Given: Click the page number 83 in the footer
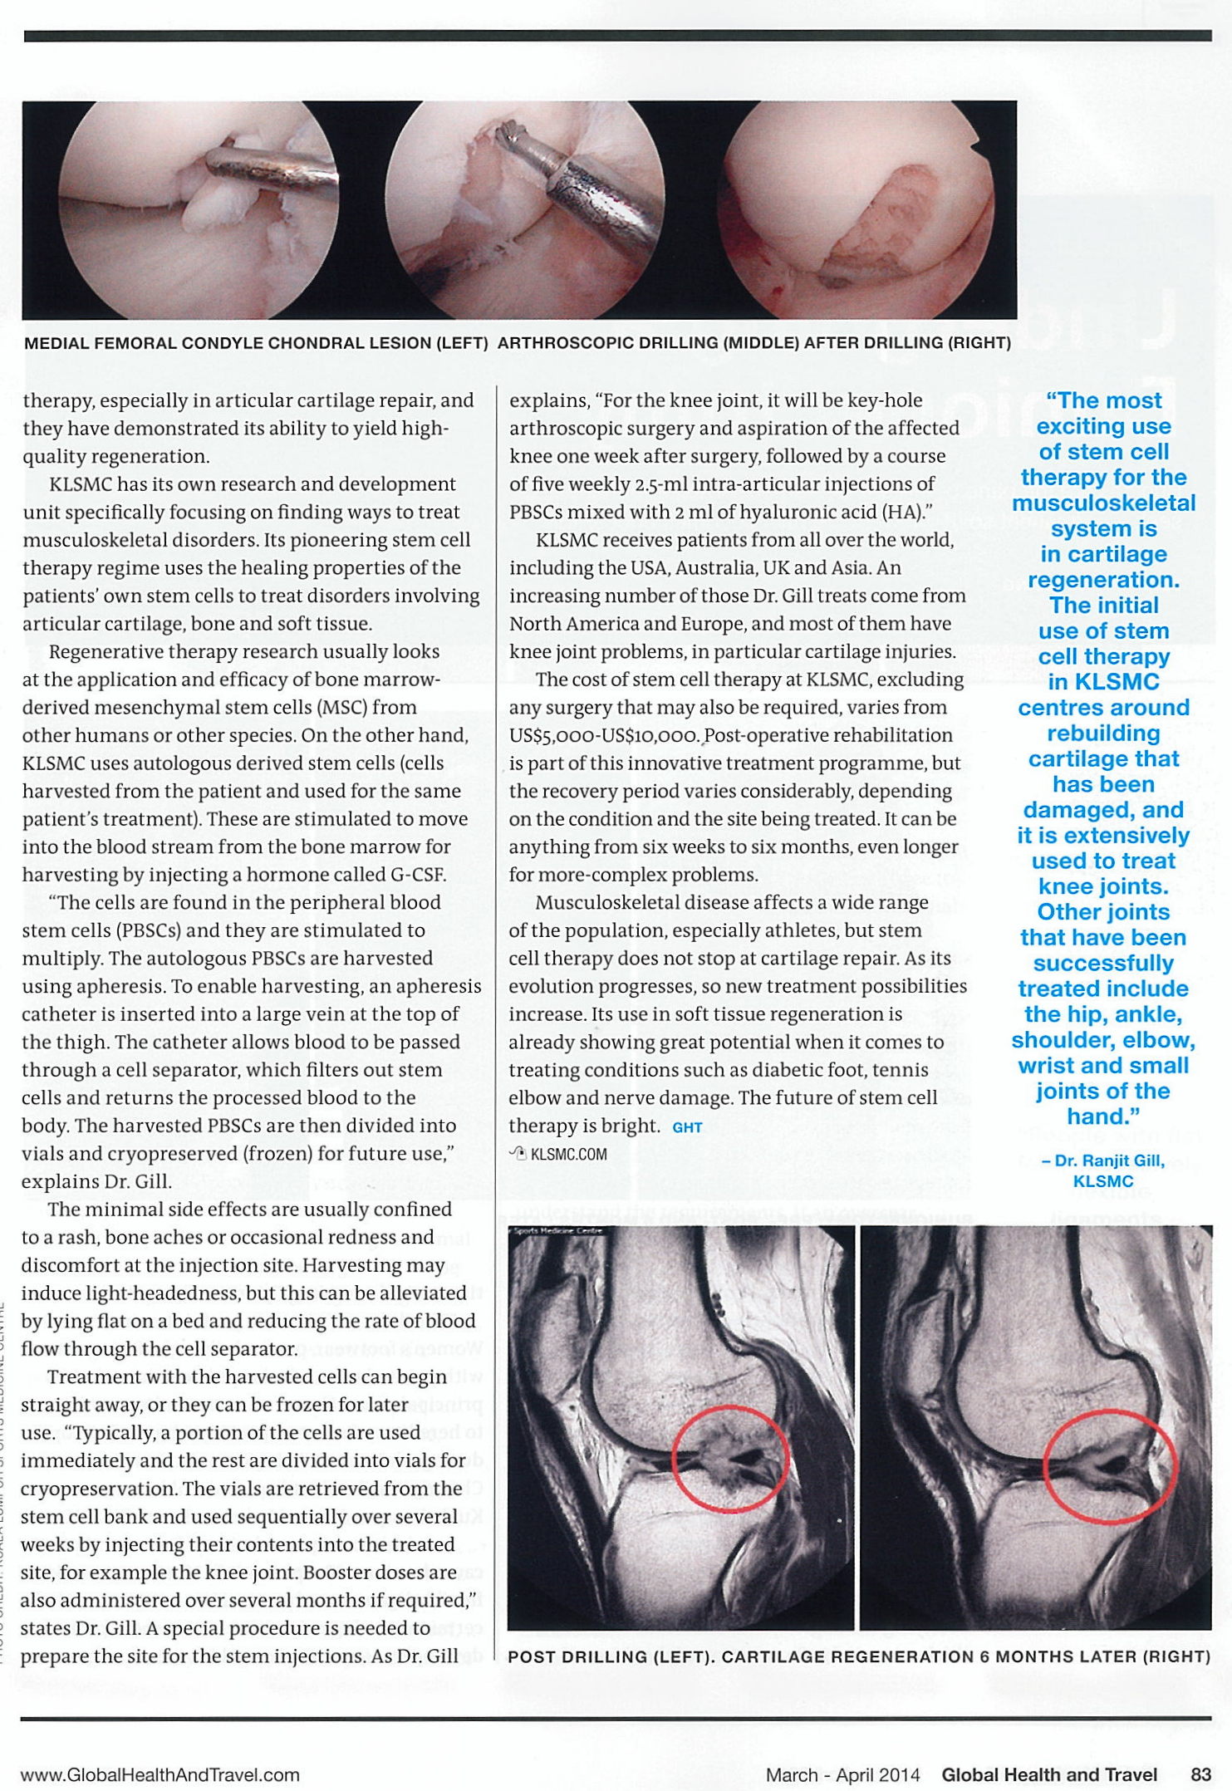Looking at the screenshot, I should [1200, 1775].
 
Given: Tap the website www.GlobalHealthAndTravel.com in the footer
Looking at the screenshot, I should [160, 1775].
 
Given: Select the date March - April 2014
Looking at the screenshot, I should [842, 1775].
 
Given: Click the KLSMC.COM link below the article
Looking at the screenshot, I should [568, 1154].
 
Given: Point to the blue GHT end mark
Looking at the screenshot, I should [687, 1127].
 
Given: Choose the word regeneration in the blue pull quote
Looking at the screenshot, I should [1103, 580].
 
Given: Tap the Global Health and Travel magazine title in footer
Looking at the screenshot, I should [1048, 1775].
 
